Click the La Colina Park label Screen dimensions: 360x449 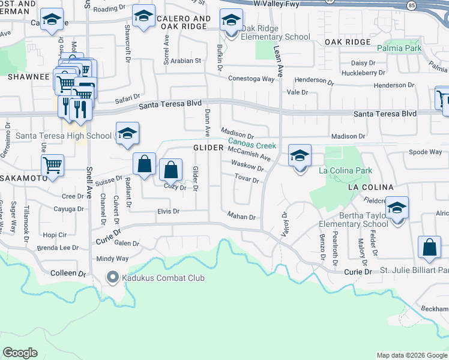click(345, 171)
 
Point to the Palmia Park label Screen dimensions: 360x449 click(400, 47)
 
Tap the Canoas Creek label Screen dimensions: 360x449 click(252, 145)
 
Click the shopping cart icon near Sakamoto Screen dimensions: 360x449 click(53, 166)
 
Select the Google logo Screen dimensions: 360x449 click(20, 353)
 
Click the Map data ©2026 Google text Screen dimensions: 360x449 click(412, 355)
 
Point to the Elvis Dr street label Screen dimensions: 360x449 click(168, 211)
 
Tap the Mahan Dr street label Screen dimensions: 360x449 click(242, 217)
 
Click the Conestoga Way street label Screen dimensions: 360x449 click(251, 79)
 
